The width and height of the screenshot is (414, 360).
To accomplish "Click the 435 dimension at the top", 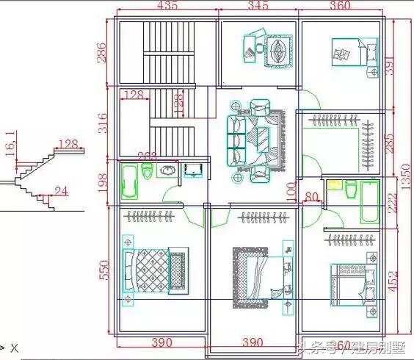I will click(167, 7).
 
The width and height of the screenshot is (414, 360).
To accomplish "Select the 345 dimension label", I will click(258, 7).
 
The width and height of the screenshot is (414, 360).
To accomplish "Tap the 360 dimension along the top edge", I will click(340, 7).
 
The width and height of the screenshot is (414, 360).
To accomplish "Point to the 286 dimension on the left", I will click(103, 52).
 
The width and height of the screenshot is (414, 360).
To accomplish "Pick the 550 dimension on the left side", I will click(103, 271).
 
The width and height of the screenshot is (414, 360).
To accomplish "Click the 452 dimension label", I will click(393, 281).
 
